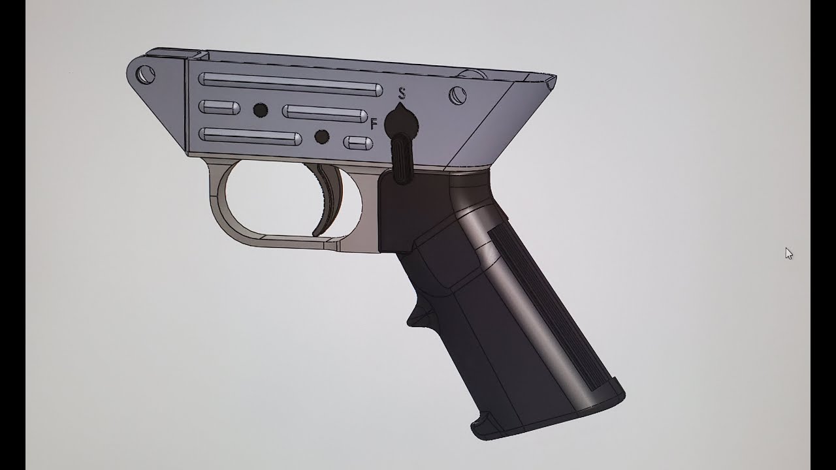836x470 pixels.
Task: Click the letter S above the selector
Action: pos(402,93)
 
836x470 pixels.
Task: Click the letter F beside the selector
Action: pos(374,123)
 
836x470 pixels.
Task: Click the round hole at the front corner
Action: pos(146,75)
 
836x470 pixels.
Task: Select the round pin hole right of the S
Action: pos(458,95)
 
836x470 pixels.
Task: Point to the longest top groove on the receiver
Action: pos(291,84)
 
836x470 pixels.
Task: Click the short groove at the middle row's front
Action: pos(219,108)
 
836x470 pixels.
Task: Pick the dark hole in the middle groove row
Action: pos(261,110)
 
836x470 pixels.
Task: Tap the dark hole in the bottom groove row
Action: pos(322,136)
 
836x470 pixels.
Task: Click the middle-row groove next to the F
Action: pos(325,114)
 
